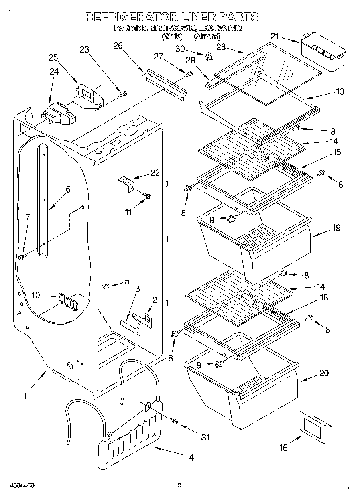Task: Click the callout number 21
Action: (274, 37)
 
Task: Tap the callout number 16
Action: (284, 447)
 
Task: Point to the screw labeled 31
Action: (173, 420)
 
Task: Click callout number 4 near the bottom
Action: (191, 458)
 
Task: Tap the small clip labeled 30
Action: (208, 56)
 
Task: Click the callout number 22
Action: (155, 173)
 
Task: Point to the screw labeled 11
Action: (147, 196)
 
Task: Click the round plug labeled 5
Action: (106, 286)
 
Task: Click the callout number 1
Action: (25, 396)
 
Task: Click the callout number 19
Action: (336, 228)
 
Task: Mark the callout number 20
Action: (324, 373)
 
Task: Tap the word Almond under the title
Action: (207, 36)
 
